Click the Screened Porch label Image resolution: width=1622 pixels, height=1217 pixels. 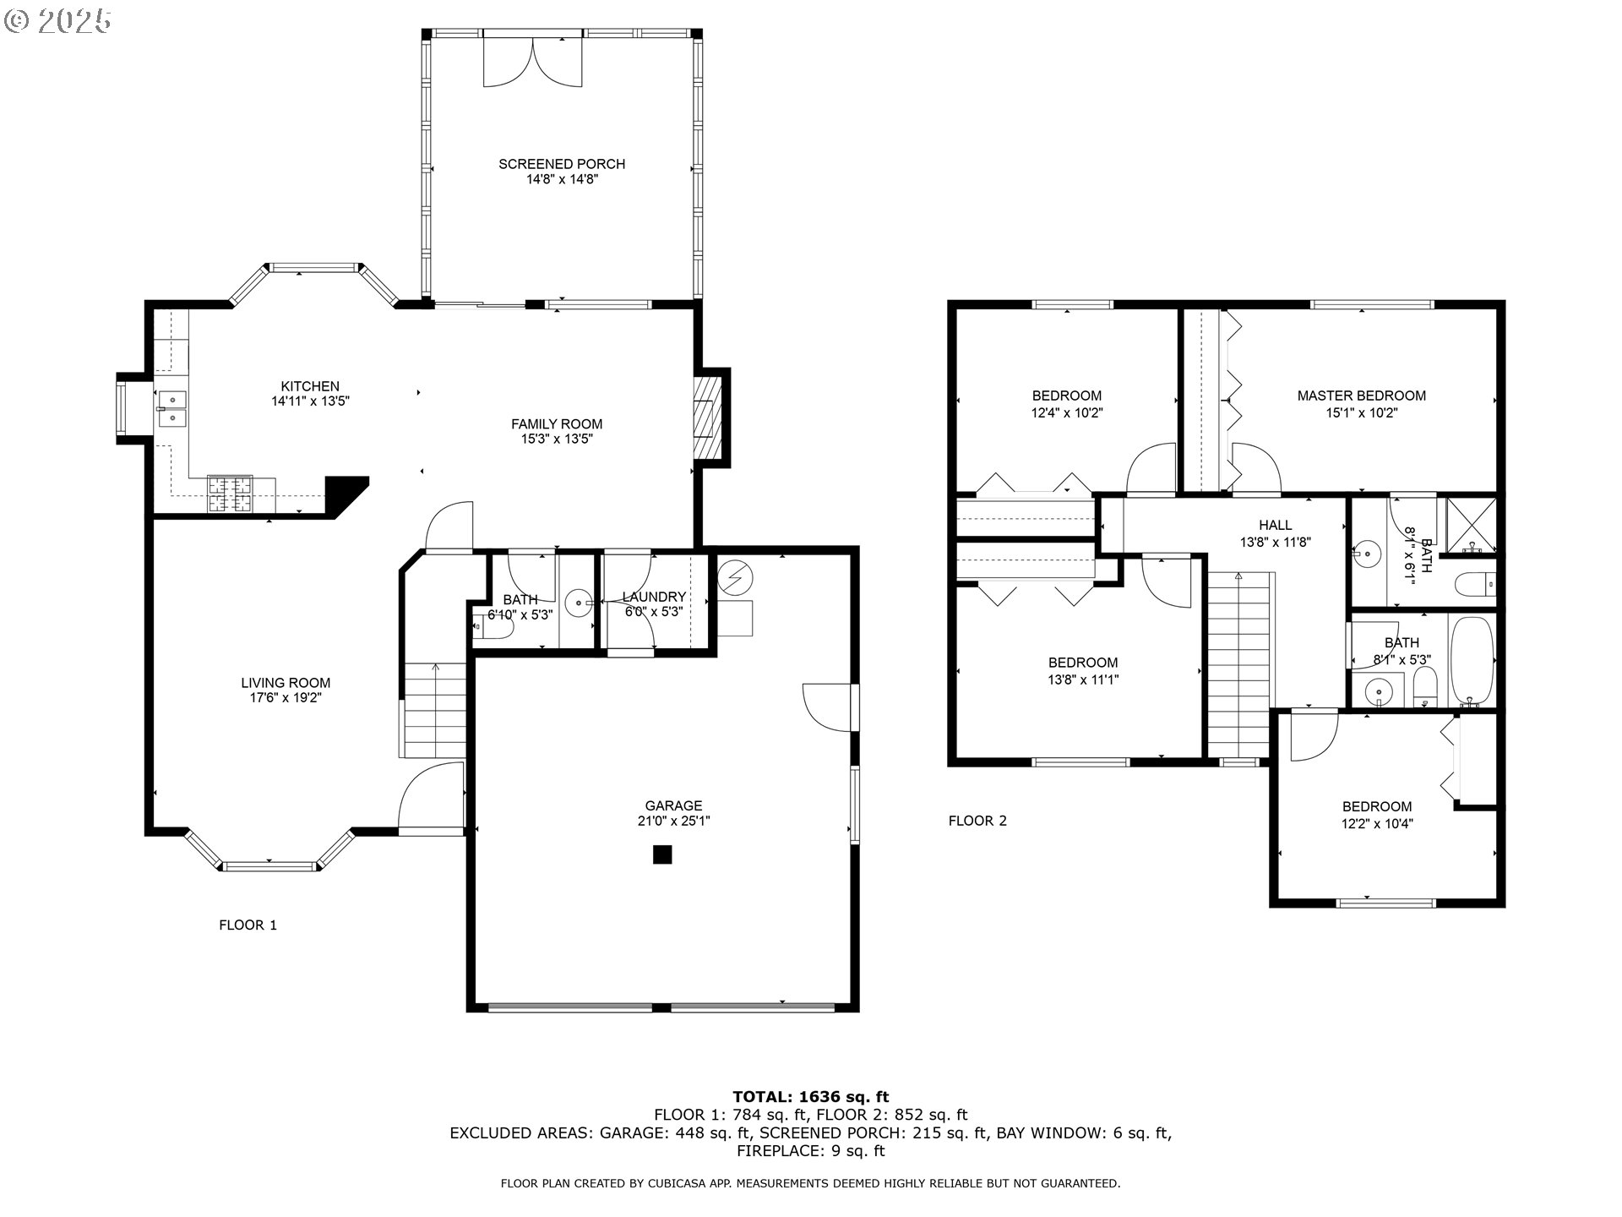(561, 164)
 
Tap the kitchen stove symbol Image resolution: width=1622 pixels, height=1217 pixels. (230, 494)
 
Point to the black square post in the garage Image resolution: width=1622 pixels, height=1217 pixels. (661, 854)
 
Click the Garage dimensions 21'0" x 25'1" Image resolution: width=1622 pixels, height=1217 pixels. (673, 821)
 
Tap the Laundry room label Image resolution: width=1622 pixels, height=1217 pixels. (654, 597)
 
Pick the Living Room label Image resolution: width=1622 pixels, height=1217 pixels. (286, 683)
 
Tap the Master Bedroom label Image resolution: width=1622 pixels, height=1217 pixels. (1361, 396)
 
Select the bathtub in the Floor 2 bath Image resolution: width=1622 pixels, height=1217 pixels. (1472, 661)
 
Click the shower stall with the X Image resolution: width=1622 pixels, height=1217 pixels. (1471, 526)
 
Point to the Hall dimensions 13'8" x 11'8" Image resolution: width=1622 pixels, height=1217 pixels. (1275, 543)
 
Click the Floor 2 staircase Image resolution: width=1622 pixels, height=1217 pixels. (1238, 663)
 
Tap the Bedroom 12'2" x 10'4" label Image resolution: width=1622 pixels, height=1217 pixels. (1376, 806)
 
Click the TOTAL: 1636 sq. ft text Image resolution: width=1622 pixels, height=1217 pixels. (810, 1097)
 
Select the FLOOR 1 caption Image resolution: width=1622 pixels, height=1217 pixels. (248, 925)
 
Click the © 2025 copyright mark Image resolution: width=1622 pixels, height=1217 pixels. (57, 20)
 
